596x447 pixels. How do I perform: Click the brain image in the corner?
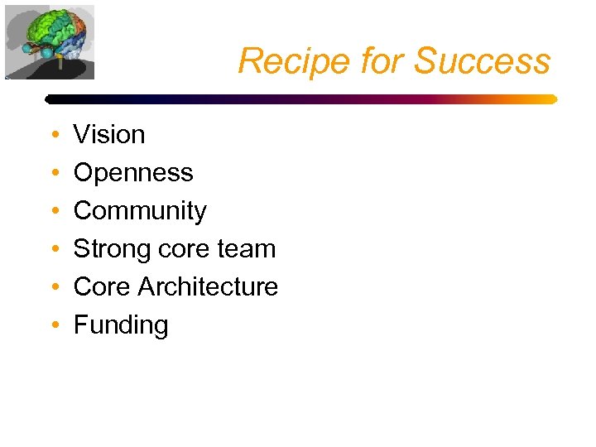coord(50,41)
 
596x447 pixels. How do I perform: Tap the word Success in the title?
coord(482,61)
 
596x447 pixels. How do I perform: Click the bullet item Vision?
coord(109,134)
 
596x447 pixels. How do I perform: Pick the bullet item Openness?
coord(133,172)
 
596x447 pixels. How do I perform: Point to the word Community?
coord(140,211)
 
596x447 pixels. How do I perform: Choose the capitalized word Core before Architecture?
coord(102,286)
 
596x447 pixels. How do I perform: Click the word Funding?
coord(121,324)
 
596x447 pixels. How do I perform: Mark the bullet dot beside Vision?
coord(53,135)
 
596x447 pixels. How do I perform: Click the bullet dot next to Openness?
coord(53,173)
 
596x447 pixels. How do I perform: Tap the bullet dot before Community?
coord(53,211)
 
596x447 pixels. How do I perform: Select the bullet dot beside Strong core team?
coord(53,249)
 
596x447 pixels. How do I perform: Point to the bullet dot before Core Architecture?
coord(53,287)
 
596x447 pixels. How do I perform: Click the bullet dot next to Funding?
coord(53,325)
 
